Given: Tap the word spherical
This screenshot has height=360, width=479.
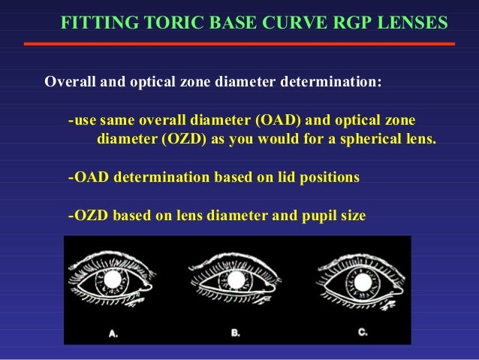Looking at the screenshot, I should [371, 139].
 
